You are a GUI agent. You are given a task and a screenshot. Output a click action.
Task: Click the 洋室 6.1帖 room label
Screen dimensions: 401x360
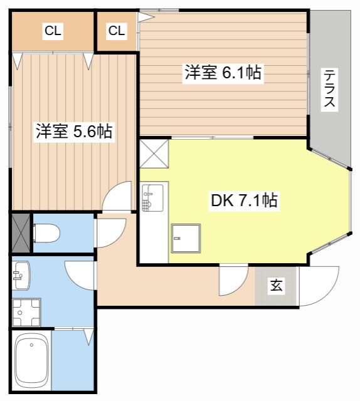(x=223, y=73)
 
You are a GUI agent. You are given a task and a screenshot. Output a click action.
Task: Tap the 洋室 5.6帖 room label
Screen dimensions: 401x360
(x=73, y=132)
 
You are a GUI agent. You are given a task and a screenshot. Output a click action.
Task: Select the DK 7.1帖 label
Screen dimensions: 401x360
(x=244, y=200)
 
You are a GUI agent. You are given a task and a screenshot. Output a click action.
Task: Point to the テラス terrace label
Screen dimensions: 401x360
(x=329, y=89)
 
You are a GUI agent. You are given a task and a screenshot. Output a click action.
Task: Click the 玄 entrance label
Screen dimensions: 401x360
(x=276, y=286)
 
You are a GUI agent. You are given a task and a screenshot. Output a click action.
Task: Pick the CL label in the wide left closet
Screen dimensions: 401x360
(x=53, y=31)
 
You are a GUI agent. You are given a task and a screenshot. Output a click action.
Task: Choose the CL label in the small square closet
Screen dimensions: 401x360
(x=117, y=31)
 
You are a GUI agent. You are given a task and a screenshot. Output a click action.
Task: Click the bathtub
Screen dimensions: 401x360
(x=31, y=362)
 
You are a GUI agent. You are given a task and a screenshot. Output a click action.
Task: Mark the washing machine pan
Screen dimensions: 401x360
(x=25, y=311)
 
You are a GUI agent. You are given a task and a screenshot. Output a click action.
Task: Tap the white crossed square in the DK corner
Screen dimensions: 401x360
(x=154, y=154)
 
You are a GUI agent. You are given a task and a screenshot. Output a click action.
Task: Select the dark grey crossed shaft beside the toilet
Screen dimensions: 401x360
(x=20, y=232)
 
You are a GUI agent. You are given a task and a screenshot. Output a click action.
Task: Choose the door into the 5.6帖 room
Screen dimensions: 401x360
(x=118, y=198)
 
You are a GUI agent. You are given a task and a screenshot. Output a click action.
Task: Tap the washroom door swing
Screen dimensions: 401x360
(x=80, y=274)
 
